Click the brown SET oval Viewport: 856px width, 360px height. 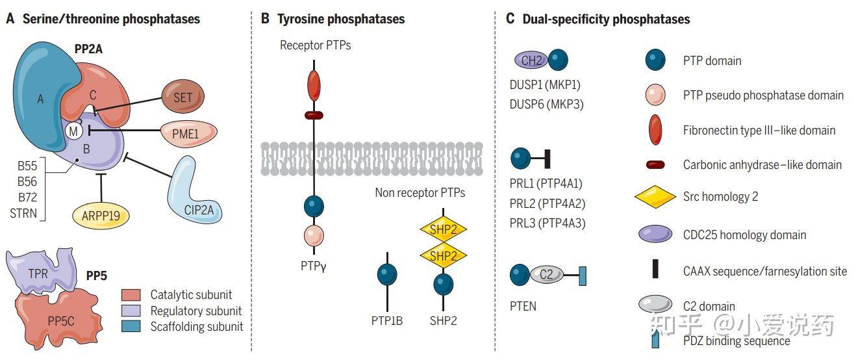pos(183,97)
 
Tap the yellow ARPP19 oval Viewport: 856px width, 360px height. pos(101,216)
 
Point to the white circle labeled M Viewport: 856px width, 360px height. pos(73,131)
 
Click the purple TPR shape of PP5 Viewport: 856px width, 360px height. pos(42,270)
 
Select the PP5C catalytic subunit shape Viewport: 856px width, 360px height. pos(59,318)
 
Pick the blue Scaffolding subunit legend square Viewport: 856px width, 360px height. pos(131,326)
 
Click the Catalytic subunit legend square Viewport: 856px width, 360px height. pos(131,294)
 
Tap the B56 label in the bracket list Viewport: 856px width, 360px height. pos(27,181)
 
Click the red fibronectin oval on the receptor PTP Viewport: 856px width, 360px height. pos(314,86)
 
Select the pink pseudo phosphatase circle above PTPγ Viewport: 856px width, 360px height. pos(314,235)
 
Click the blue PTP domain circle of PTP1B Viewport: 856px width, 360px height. pos(387,275)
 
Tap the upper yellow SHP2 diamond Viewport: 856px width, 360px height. pos(444,229)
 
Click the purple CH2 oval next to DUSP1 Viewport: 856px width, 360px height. pos(531,60)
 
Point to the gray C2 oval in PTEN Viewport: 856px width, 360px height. pos(546,274)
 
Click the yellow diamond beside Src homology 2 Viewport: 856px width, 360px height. pos(655,197)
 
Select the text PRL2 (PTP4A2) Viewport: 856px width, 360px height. pos(548,203)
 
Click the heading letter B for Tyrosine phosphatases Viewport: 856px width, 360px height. pos(265,18)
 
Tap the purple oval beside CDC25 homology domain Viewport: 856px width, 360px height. pos(655,235)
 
